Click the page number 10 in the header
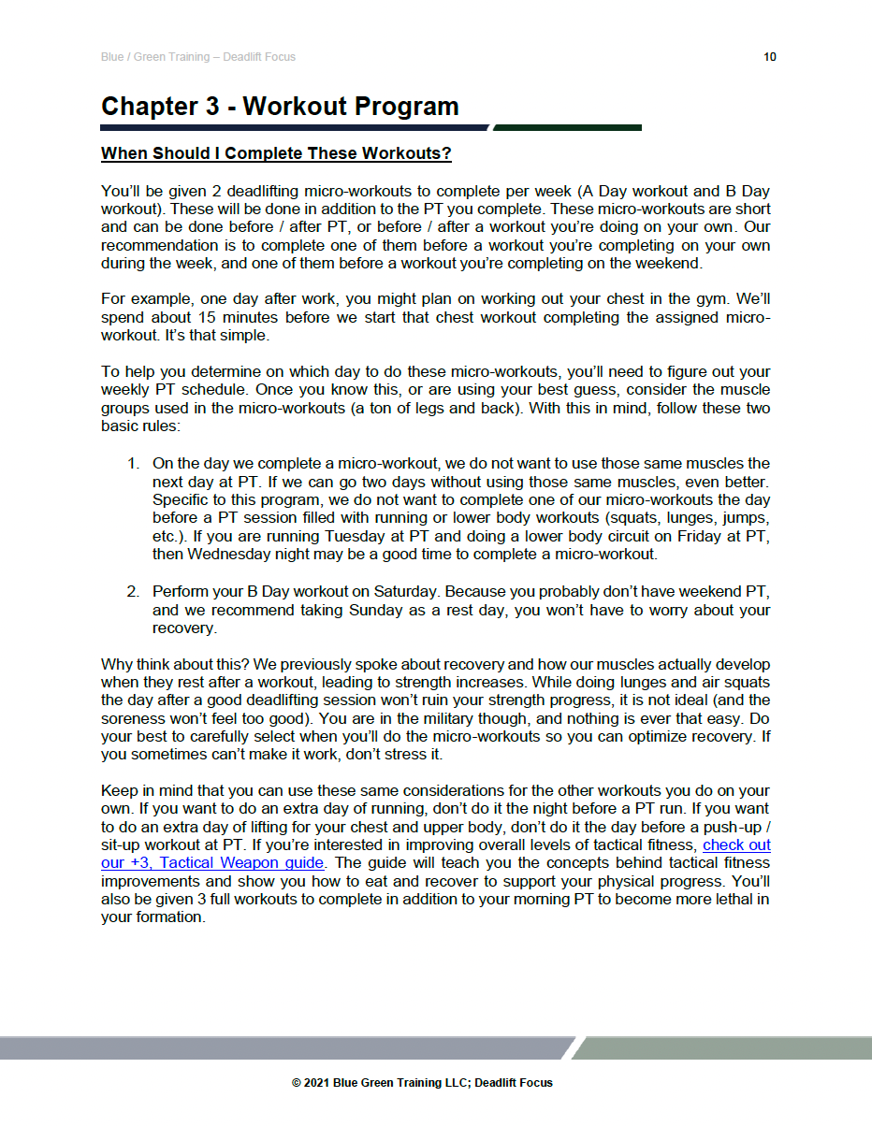(x=769, y=57)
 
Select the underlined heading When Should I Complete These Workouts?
(x=276, y=153)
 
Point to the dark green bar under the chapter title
(x=567, y=127)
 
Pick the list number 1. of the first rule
(x=134, y=464)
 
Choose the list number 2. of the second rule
(x=134, y=592)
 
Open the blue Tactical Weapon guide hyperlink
(x=212, y=863)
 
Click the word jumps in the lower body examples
(x=747, y=517)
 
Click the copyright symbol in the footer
(x=297, y=1083)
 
